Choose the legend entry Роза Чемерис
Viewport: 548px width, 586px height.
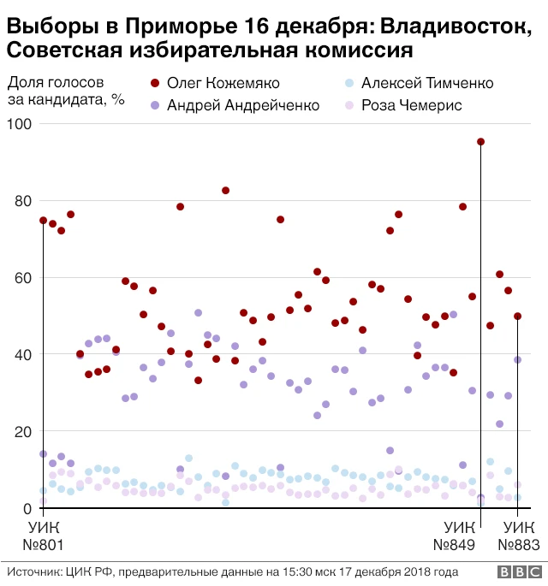412,105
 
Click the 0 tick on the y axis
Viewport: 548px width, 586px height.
25,509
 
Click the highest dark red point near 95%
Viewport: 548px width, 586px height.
481,142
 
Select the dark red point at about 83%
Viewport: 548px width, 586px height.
226,191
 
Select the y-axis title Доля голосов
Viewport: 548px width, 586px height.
57,84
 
